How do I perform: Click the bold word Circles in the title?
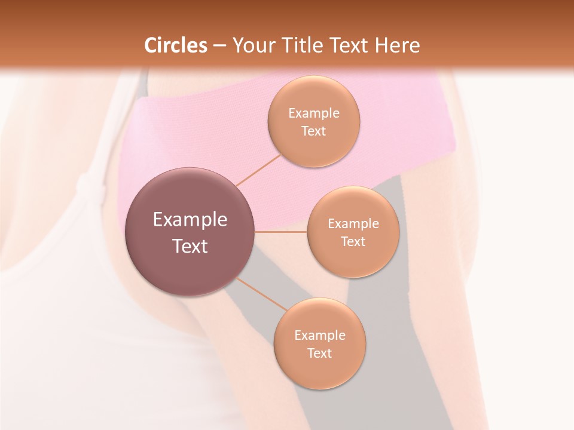pyautogui.click(x=176, y=45)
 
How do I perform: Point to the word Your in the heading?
pyautogui.click(x=252, y=45)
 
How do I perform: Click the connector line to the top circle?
pyautogui.click(x=259, y=170)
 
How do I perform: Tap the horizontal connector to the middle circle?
pyautogui.click(x=281, y=232)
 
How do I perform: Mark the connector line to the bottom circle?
pyautogui.click(x=262, y=293)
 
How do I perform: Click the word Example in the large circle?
pyautogui.click(x=190, y=220)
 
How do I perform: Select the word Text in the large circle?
pyautogui.click(x=190, y=246)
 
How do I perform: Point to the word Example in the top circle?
pyautogui.click(x=313, y=113)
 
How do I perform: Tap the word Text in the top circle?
pyautogui.click(x=313, y=131)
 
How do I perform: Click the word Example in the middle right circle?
pyautogui.click(x=353, y=223)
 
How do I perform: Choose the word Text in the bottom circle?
pyautogui.click(x=319, y=353)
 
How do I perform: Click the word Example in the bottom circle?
pyautogui.click(x=319, y=335)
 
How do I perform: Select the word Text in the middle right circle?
pyautogui.click(x=353, y=241)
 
